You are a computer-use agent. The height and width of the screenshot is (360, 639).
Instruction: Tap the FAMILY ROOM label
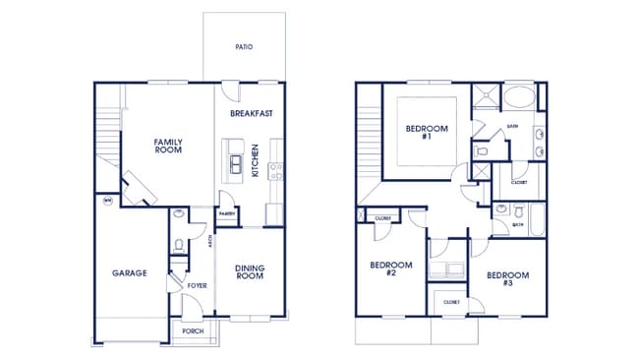click(168, 147)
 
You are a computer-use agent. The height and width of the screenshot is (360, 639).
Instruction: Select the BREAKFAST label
click(251, 113)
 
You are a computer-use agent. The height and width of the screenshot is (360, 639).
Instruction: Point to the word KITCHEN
click(255, 160)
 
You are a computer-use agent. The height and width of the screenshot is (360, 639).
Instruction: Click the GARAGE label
click(129, 272)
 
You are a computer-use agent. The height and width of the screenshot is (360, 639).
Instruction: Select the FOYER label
click(197, 286)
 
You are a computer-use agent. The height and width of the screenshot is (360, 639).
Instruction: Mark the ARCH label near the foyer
click(209, 242)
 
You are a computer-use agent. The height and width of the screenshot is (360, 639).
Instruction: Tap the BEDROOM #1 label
click(427, 133)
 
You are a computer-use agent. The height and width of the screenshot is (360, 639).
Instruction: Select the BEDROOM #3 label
click(507, 278)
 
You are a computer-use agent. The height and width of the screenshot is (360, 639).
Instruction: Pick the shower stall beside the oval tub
click(484, 96)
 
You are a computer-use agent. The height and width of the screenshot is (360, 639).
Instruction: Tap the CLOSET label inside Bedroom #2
click(384, 218)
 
